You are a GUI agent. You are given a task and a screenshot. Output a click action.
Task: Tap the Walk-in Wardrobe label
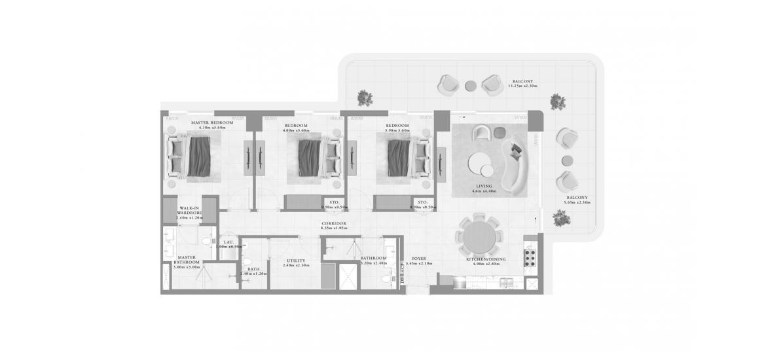190,210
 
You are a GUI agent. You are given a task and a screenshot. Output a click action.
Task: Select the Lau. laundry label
229,243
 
